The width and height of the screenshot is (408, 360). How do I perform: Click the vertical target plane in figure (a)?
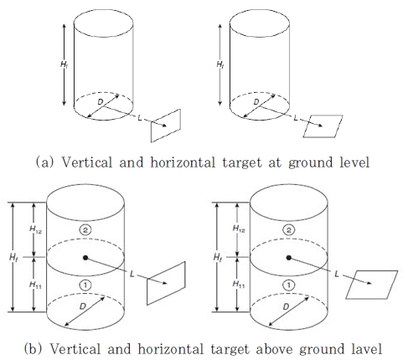166,126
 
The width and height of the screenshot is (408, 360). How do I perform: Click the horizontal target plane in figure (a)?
323,126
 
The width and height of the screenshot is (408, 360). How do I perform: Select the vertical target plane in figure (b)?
166,283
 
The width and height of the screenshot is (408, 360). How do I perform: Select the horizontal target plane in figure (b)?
371,285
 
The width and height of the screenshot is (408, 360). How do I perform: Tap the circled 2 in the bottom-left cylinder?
85,230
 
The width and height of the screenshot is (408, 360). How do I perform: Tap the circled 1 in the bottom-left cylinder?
85,285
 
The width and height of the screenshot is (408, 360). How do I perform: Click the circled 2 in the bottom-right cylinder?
289,230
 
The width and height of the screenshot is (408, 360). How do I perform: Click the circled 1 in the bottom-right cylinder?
289,285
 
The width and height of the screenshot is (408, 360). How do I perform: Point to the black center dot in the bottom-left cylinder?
85,258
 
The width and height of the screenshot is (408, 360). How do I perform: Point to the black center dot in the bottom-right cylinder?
289,258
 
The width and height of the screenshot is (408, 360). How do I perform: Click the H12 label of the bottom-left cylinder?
35,229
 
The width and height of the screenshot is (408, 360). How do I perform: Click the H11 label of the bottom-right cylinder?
239,285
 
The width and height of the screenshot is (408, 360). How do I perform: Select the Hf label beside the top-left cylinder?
64,64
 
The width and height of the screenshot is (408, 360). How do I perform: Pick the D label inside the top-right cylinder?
256,102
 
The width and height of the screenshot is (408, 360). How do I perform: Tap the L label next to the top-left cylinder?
140,118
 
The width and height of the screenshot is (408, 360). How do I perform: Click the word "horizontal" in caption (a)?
183,162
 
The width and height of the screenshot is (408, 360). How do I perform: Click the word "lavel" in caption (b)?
366,349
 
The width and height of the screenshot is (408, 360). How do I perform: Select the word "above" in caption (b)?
274,349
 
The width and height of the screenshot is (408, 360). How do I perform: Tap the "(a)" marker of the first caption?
44,162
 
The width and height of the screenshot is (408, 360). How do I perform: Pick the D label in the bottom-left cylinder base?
83,306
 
